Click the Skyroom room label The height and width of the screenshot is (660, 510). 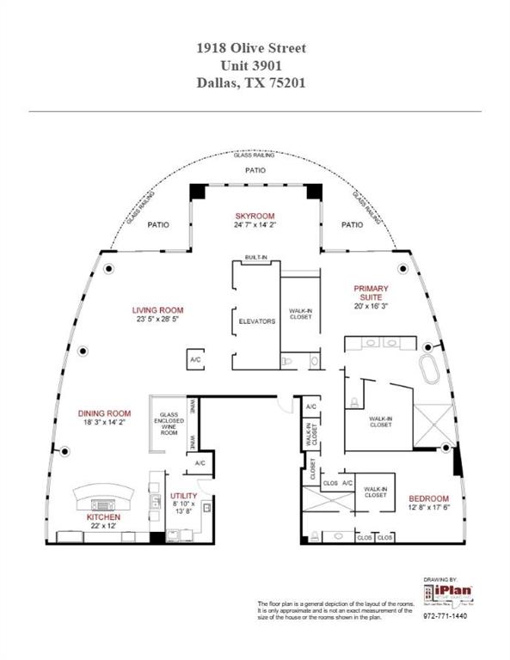[255, 215]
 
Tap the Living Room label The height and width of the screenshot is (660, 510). [157, 310]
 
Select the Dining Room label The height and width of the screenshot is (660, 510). [106, 413]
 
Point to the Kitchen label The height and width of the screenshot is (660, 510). [102, 518]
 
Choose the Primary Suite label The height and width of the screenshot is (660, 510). [372, 289]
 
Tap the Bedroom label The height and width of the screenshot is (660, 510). [428, 498]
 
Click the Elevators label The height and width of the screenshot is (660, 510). [256, 321]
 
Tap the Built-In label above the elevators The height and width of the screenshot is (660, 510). [255, 258]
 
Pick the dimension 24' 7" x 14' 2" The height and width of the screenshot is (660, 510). [255, 225]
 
